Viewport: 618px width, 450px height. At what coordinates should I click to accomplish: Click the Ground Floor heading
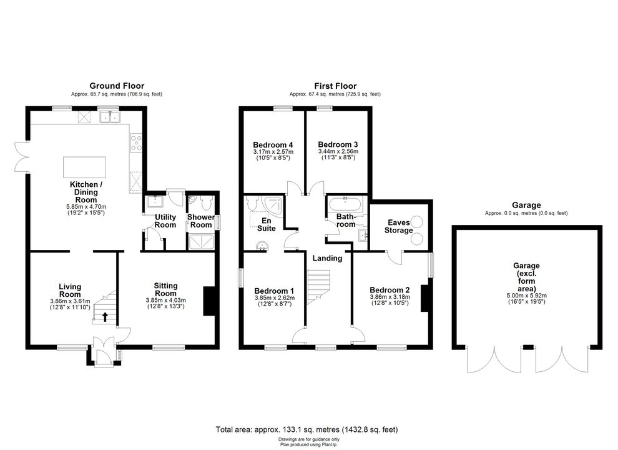click(117, 86)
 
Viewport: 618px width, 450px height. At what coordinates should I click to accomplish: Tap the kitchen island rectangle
click(85, 167)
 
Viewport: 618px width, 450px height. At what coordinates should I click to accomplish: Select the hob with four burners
click(136, 143)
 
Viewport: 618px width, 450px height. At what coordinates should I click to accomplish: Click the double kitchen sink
click(110, 117)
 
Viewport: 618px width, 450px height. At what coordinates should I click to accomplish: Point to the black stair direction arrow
click(105, 317)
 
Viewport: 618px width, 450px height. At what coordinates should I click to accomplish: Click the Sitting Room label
click(165, 289)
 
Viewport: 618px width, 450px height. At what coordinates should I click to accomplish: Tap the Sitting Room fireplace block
click(209, 301)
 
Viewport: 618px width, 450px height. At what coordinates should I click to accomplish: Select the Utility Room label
click(165, 221)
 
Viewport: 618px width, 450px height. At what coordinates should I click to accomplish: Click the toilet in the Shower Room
click(205, 203)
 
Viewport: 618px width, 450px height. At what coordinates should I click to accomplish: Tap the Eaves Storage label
click(398, 226)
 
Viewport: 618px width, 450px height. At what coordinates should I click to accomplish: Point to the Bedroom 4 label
click(273, 144)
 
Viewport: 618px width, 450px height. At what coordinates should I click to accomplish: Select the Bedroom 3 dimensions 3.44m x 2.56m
click(338, 151)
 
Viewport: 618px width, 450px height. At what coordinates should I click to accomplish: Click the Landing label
click(327, 258)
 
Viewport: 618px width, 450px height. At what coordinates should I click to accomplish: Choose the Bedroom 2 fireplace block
click(425, 298)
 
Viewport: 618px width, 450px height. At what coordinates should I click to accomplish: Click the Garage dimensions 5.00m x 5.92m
click(527, 295)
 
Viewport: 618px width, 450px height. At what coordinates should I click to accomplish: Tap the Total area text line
click(307, 429)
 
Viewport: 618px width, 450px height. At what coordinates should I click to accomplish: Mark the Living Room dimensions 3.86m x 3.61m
click(70, 301)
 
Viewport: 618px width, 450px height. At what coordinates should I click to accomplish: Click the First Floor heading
click(335, 86)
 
